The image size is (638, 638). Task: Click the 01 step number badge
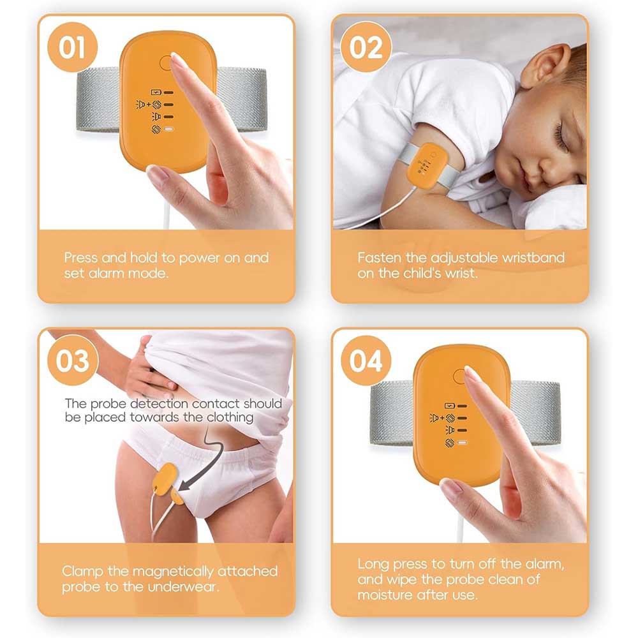coord(73,47)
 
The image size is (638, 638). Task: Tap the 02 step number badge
coord(366,47)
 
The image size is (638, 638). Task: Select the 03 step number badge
coord(73,360)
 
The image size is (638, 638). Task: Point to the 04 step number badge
coord(366,360)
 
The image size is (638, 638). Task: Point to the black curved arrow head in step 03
coord(185,484)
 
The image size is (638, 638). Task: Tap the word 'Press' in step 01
coord(81,258)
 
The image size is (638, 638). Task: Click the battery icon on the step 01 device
coord(156,93)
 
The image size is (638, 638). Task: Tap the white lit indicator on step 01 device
coord(169,130)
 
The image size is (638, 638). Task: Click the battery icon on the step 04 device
coord(450,406)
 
